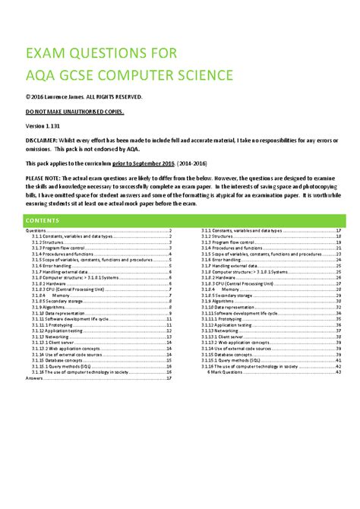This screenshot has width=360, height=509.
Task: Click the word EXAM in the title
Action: (x=50, y=53)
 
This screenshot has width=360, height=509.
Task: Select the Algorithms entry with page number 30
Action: (x=216, y=296)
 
